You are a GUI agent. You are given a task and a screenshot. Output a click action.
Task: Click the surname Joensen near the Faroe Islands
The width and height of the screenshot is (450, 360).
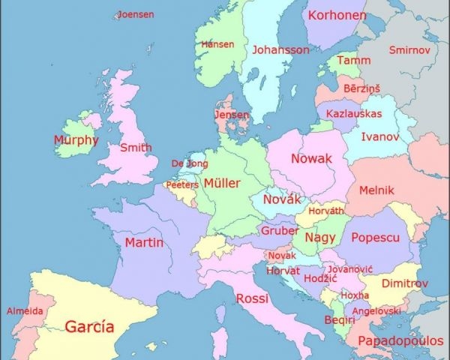[135, 14]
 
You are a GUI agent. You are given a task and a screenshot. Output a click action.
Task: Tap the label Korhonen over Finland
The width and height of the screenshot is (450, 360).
[337, 15]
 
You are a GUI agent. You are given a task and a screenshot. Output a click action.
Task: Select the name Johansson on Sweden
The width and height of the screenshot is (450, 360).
[280, 49]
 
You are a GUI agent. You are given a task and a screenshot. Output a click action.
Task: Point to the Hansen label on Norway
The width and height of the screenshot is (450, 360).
[217, 44]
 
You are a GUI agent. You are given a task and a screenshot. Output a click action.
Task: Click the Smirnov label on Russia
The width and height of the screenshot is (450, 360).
[410, 49]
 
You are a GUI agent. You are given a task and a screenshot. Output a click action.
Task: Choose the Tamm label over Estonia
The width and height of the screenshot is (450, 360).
[354, 60]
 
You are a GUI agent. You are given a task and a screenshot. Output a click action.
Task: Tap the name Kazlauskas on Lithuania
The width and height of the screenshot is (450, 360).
[354, 114]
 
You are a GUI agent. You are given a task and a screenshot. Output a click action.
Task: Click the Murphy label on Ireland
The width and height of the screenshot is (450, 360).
[76, 139]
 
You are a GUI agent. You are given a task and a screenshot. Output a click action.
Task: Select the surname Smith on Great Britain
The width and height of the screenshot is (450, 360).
[136, 148]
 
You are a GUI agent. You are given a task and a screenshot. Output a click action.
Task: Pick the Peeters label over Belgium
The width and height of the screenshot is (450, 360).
[182, 184]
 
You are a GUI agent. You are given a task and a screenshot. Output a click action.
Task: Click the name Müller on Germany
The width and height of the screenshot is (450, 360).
[222, 183]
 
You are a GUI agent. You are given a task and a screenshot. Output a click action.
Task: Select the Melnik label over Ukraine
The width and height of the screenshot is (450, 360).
[376, 190]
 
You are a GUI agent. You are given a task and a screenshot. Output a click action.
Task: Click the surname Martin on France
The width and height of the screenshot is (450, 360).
[144, 242]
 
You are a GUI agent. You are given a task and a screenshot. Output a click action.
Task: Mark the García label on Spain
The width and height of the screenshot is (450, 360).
[89, 327]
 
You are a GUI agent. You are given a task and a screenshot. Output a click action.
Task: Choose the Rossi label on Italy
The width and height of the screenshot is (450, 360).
[252, 298]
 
